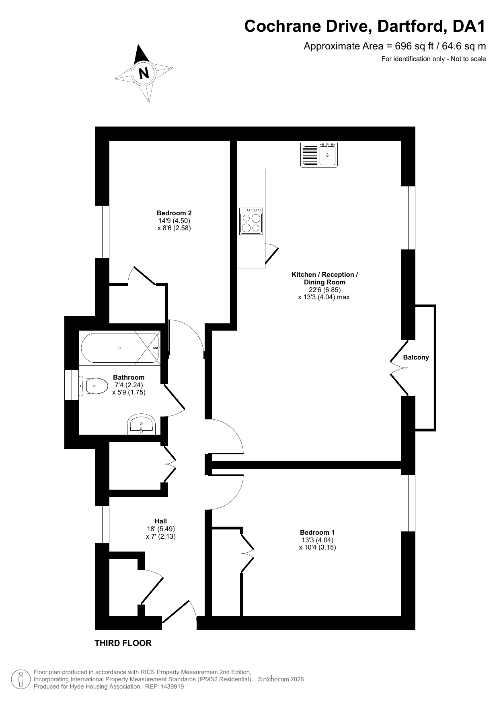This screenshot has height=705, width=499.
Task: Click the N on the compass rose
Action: click(144, 73)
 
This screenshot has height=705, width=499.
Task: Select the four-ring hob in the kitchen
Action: click(251, 221)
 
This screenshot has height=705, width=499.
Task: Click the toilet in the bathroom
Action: click(93, 386)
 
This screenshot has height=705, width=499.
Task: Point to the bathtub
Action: click(120, 348)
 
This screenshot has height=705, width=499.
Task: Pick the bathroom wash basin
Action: click(141, 425)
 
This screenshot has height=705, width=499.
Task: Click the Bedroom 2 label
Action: click(174, 213)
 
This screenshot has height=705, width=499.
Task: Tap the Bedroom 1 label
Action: click(317, 533)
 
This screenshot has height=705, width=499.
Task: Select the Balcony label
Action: click(416, 357)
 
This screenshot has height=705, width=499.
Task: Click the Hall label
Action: click(161, 521)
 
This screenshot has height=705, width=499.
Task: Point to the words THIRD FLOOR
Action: click(123, 643)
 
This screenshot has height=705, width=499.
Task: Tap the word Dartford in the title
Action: click(412, 27)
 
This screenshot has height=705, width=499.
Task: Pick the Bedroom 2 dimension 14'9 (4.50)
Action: click(174, 221)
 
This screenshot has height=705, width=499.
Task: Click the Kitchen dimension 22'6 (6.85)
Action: click(325, 290)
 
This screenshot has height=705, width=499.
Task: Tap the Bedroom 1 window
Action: click(408, 503)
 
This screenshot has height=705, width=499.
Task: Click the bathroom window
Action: click(72, 385)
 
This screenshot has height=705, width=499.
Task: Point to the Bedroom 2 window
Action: click(102, 232)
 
